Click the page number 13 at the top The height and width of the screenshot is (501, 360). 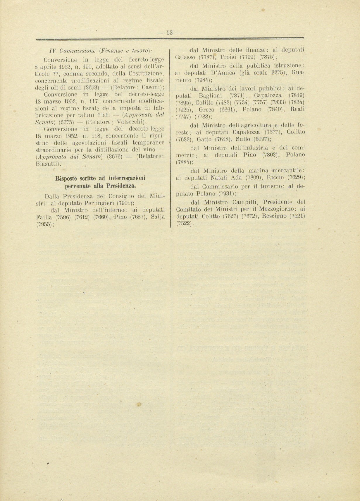click(169, 33)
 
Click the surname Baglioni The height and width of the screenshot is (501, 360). click(210, 95)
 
